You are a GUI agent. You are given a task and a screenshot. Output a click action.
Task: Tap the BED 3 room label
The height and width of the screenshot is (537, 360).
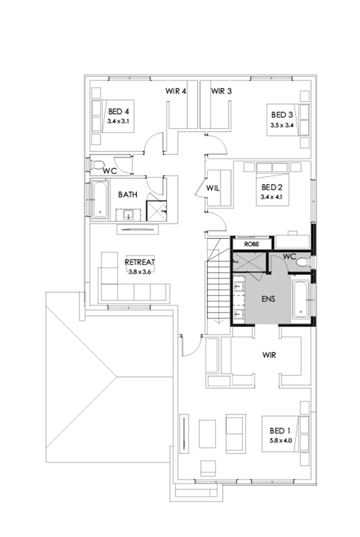pyautogui.click(x=282, y=115)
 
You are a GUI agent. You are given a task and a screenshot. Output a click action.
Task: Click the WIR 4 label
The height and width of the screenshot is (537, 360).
pyautogui.click(x=175, y=91)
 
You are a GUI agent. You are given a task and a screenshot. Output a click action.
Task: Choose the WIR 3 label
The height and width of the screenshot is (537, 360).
pyautogui.click(x=222, y=91)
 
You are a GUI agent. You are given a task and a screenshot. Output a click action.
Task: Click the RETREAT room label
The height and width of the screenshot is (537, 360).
pyautogui.click(x=140, y=262)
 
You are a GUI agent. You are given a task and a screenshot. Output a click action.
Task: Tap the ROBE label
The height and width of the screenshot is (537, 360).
pyautogui.click(x=251, y=244)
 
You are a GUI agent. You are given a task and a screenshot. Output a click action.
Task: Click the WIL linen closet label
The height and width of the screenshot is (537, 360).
pyautogui.click(x=213, y=188)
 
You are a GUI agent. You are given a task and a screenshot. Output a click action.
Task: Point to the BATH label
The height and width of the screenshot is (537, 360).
pyautogui.click(x=128, y=195)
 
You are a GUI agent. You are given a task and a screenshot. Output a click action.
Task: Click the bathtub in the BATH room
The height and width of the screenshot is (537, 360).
pyautogui.click(x=100, y=199)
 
